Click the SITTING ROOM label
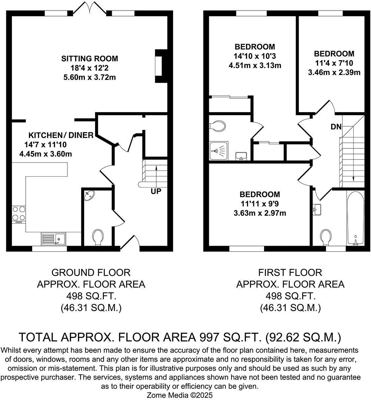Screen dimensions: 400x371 coord(89,59)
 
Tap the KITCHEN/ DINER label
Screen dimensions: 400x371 coord(61,135)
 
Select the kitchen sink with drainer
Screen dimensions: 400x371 coord(53,238)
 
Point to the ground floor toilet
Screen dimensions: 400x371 coord(98,237)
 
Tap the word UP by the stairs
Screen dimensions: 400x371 coord(156,191)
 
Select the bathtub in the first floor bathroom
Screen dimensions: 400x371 coord(355,217)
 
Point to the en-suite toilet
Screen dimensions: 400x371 coord(218,125)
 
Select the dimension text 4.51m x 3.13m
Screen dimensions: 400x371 coord(255,65)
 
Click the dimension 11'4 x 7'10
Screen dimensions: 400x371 coord(334,63)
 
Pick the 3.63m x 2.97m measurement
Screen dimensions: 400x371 coord(260,213)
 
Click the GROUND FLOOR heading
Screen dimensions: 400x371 coord(91,272)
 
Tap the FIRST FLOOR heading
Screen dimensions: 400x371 coord(290,272)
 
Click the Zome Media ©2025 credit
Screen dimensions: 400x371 coord(180,395)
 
